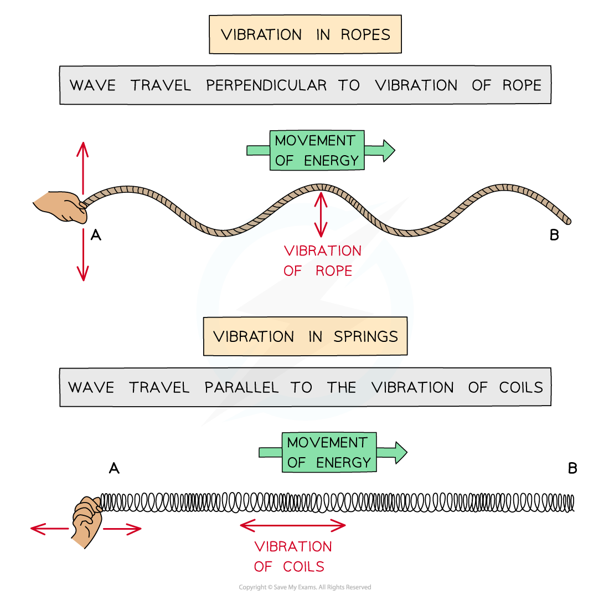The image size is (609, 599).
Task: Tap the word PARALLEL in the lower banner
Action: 241,387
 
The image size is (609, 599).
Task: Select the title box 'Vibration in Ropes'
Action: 305,34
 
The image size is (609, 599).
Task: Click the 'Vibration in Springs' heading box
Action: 305,336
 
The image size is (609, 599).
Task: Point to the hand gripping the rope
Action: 63,207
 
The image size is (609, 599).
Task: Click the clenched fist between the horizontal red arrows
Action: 86,521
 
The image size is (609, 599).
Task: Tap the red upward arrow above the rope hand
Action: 83,166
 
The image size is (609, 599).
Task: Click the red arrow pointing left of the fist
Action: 50,529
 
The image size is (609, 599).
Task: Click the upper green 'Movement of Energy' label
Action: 317,150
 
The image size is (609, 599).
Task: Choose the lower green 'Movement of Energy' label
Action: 329,452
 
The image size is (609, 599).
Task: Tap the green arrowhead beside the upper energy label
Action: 388,150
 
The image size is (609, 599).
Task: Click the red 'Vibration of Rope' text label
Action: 322,260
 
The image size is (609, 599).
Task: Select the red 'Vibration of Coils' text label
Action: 293,556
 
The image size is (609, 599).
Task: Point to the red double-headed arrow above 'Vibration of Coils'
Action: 293,525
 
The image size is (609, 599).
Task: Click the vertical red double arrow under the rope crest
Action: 320,214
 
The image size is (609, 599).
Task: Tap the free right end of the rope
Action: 567,221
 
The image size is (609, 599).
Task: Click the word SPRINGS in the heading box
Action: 365,336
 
